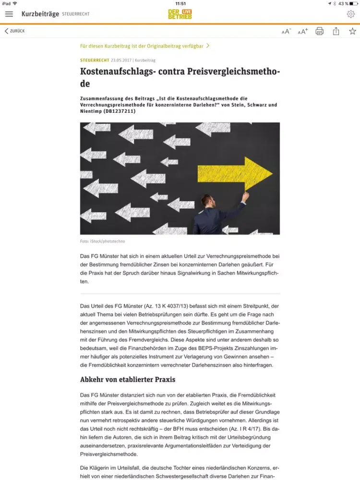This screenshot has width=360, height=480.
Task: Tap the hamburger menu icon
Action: pyautogui.click(x=9, y=14)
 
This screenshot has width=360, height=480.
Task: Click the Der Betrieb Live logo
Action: pyautogui.click(x=180, y=14)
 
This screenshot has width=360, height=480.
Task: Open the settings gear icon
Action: pyautogui.click(x=351, y=14)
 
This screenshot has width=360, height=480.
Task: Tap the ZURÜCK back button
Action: pyautogui.click(x=14, y=31)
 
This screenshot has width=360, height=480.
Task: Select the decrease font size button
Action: pyautogui.click(x=286, y=32)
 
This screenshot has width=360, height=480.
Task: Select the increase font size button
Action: pyautogui.click(x=303, y=32)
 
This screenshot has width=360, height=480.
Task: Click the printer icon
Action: pyautogui.click(x=320, y=31)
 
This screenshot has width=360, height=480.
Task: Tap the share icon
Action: pyautogui.click(x=336, y=31)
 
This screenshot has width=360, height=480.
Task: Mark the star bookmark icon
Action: pyautogui.click(x=352, y=31)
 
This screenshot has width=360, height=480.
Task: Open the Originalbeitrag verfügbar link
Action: pyautogui.click(x=144, y=46)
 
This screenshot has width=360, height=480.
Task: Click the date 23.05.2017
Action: pyautogui.click(x=121, y=60)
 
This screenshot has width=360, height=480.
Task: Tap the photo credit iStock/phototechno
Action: pyautogui.click(x=102, y=241)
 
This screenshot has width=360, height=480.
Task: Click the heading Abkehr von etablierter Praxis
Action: pyautogui.click(x=128, y=380)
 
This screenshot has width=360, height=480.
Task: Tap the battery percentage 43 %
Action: pyautogui.click(x=343, y=3)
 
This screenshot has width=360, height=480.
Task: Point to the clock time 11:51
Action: pyautogui.click(x=180, y=3)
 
